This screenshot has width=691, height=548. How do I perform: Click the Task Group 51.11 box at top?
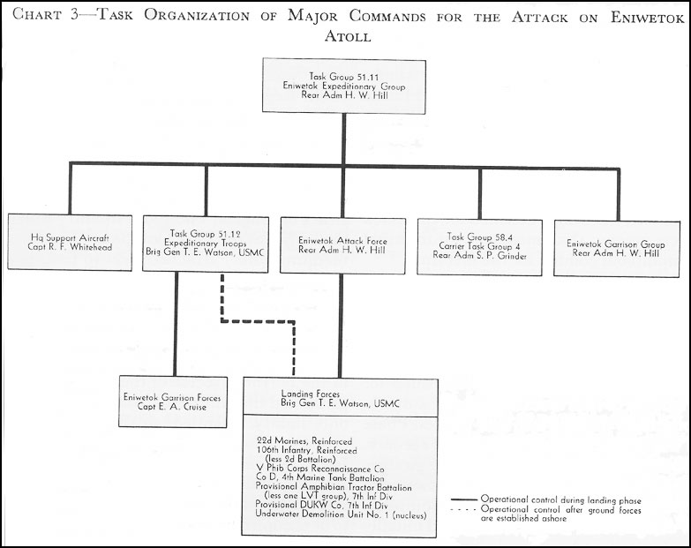coord(344,86)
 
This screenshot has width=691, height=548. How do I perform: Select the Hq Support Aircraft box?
coord(70,243)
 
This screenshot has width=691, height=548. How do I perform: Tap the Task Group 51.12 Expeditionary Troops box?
coord(206,244)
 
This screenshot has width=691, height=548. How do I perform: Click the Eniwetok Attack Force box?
coord(343,245)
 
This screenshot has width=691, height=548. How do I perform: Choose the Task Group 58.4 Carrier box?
coord(480,247)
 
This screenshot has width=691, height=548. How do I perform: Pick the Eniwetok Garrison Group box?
coord(617,249)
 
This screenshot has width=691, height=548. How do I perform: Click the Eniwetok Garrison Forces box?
coord(173,402)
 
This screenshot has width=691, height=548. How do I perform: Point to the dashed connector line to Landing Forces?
coord(258,321)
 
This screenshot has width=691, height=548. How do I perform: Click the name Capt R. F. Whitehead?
coord(70,247)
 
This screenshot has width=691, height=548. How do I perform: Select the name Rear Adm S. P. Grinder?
coord(479,256)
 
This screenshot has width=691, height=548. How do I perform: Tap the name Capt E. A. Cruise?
coord(172,407)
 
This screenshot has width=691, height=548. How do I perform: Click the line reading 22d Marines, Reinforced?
coord(304,441)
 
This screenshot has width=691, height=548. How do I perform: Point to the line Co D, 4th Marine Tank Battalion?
coord(320,477)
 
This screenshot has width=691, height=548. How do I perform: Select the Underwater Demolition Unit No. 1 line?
coord(341,514)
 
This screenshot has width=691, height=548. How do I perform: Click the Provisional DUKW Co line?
coord(321,506)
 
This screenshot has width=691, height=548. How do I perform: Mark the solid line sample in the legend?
coord(464,500)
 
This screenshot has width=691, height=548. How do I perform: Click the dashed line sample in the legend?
coord(464,510)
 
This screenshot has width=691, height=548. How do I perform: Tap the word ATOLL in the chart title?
coord(348,36)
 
